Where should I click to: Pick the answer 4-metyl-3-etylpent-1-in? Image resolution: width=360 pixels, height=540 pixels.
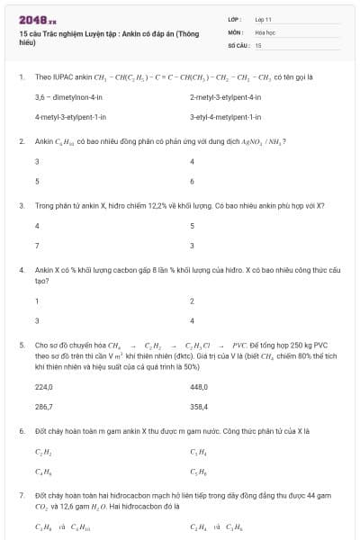(x=71, y=117)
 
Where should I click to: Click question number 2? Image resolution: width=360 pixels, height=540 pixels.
(x=21, y=141)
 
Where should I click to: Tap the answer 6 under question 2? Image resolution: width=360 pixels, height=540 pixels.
(x=193, y=181)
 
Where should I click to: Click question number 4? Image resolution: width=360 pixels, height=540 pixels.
(x=21, y=269)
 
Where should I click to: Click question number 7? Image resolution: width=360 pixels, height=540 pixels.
(x=21, y=495)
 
